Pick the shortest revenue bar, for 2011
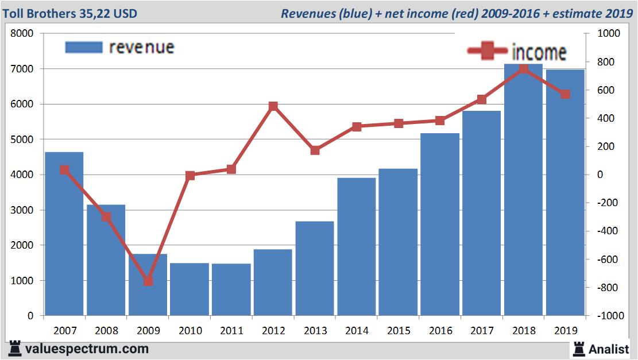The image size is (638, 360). pos(231,289)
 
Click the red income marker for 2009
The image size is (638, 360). pos(148,281)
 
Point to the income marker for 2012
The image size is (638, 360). pos(273,106)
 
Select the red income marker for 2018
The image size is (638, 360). pos(523,69)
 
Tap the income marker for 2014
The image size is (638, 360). pos(357,127)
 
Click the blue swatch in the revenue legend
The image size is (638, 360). pos(84,47)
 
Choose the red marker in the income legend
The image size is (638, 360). pos(487,51)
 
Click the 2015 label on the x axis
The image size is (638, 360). pos(399,331)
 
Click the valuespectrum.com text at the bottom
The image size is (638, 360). pos(86,349)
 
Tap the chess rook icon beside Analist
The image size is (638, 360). pos(578,348)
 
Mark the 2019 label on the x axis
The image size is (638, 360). pos(565,331)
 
